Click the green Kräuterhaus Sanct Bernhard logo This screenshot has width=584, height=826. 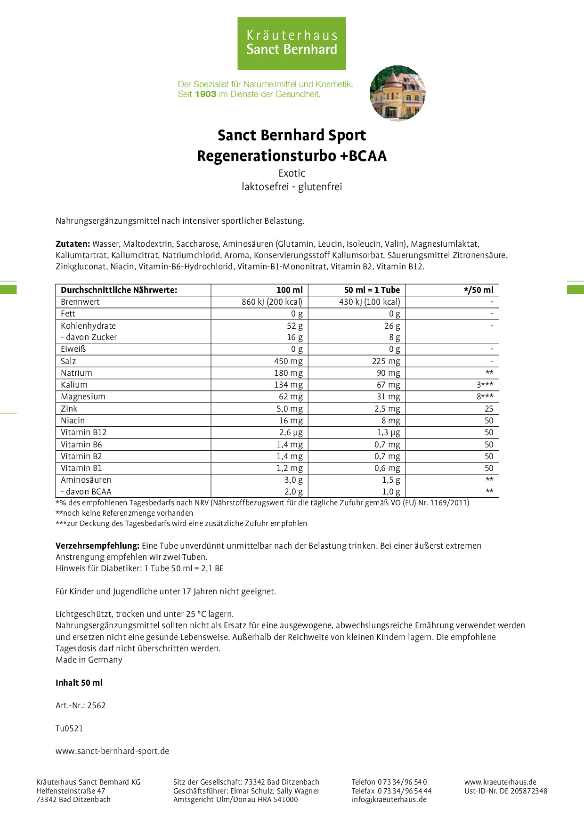(292, 43)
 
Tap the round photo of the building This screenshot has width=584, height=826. (397, 93)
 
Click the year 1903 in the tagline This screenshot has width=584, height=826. (205, 94)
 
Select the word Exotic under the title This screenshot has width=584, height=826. (292, 173)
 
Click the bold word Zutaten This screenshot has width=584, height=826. (73, 244)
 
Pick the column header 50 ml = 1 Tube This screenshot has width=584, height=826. (372, 290)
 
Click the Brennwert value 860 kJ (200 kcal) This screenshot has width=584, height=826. (272, 302)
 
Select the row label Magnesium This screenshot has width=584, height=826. (83, 397)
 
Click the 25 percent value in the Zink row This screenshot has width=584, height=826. (489, 409)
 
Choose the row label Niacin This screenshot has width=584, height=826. (73, 421)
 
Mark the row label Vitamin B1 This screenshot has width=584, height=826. (81, 468)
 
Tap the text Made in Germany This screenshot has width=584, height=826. (89, 660)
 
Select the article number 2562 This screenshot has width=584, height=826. (97, 705)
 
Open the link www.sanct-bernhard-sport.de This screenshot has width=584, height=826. (112, 751)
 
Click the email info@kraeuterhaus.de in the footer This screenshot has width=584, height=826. (389, 799)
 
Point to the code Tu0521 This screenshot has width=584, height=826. (69, 729)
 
